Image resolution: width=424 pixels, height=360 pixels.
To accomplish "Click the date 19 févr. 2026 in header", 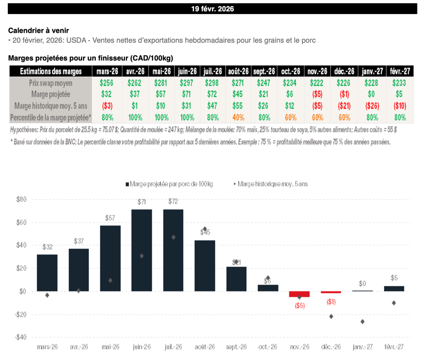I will tap(212, 9).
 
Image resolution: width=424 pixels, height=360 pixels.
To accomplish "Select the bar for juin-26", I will tap(142, 250).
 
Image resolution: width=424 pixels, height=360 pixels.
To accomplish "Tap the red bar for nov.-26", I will tap(300, 294).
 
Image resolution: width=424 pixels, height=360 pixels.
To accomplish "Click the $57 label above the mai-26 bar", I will tap(110, 218).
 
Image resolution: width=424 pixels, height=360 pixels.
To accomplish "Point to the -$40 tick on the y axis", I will tap(21, 337).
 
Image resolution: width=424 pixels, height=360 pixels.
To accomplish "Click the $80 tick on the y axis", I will tap(21, 199).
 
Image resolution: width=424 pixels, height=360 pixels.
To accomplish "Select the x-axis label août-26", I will tap(205, 346).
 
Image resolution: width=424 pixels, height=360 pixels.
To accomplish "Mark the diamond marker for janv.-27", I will tap(363, 322).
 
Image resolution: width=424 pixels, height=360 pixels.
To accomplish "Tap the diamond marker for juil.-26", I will tap(173, 237).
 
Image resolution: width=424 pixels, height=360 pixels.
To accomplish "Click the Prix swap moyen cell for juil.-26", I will tap(213, 83).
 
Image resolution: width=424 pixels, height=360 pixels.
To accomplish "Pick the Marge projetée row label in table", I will tap(51, 94).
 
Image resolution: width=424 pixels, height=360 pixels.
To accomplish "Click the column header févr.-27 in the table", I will tap(400, 71).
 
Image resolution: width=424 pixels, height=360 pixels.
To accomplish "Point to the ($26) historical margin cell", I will tap(371, 106).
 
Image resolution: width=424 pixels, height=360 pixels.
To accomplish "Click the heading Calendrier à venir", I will tap(39, 31).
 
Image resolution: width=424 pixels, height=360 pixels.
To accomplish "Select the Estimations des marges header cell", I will tap(51, 71).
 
